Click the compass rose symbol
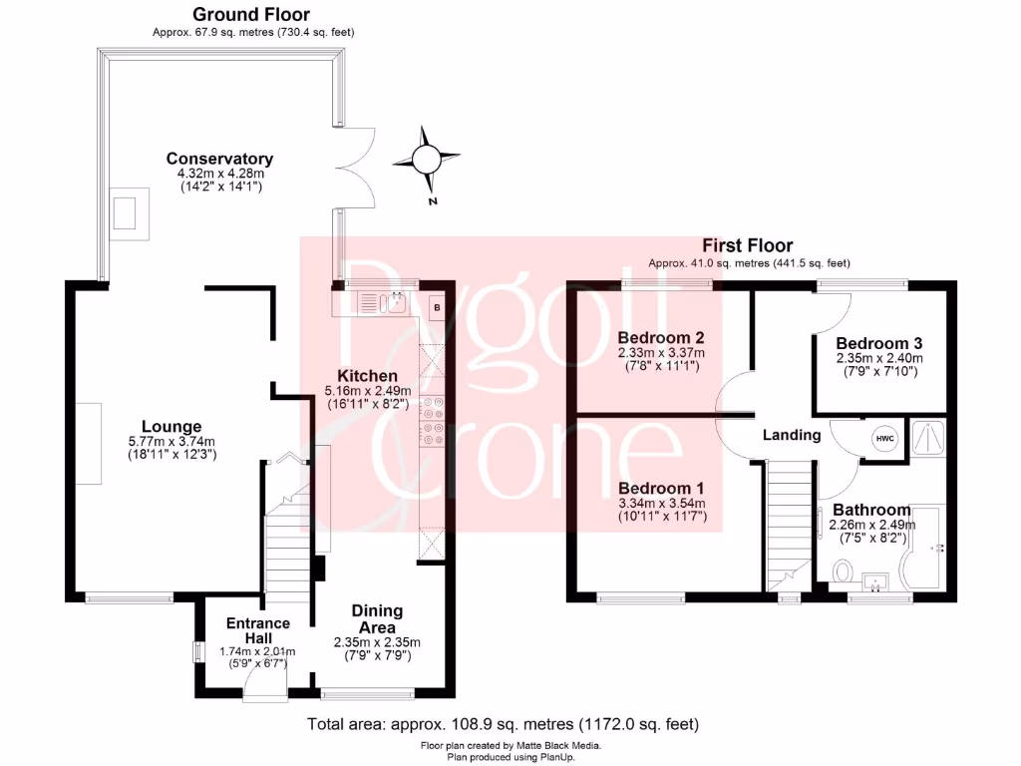click(x=427, y=159)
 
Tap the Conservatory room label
click(x=219, y=159)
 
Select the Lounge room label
click(x=172, y=427)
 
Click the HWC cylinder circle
click(x=884, y=438)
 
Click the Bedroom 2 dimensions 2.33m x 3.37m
click(x=661, y=352)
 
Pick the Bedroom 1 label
click(x=661, y=488)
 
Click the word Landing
click(x=792, y=435)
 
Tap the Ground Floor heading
click(x=250, y=15)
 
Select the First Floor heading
click(x=748, y=245)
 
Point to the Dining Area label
click(x=377, y=618)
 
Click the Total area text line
click(x=504, y=723)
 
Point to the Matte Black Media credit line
click(x=510, y=745)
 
